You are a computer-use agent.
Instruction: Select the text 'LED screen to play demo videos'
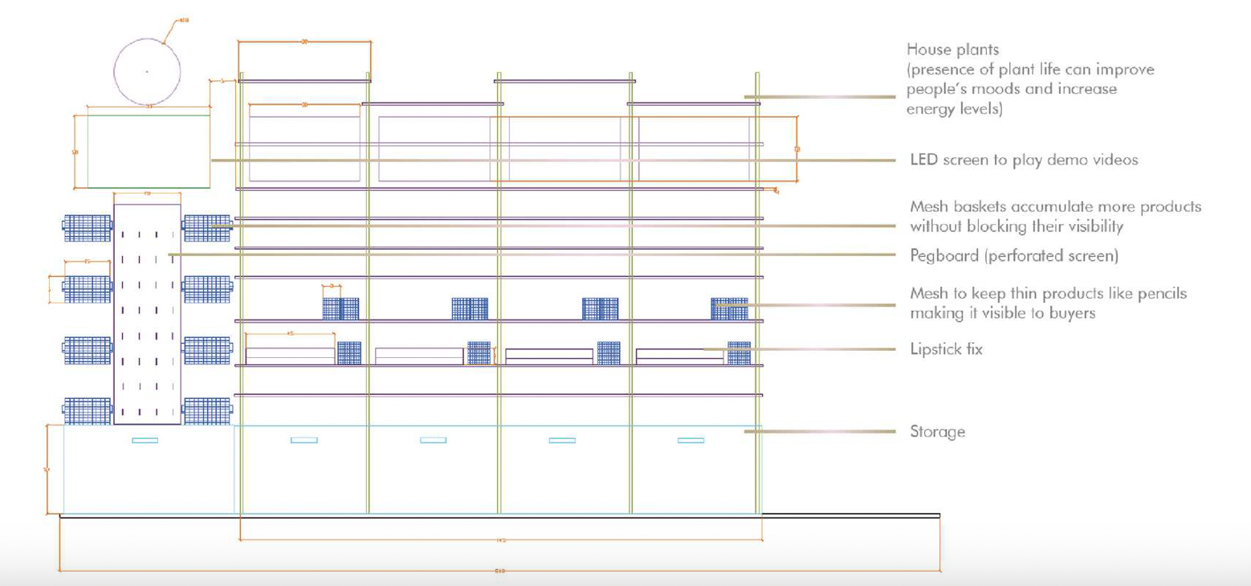tap(1024, 160)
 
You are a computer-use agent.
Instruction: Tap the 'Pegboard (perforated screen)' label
tap(1013, 256)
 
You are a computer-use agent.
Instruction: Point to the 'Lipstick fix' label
tap(946, 349)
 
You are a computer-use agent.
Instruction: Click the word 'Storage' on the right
tap(937, 432)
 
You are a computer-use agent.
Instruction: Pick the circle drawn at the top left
tap(147, 71)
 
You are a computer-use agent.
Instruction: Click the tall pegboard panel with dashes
tap(147, 314)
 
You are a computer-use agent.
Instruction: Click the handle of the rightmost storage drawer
tap(691, 440)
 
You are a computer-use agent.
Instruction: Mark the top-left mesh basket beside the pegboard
tap(88, 227)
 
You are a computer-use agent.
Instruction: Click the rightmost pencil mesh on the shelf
tap(729, 309)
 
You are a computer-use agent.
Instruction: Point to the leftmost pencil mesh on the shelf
tap(341, 309)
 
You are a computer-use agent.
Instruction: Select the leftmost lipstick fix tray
tap(290, 356)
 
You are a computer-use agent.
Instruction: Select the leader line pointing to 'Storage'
tap(819, 432)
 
